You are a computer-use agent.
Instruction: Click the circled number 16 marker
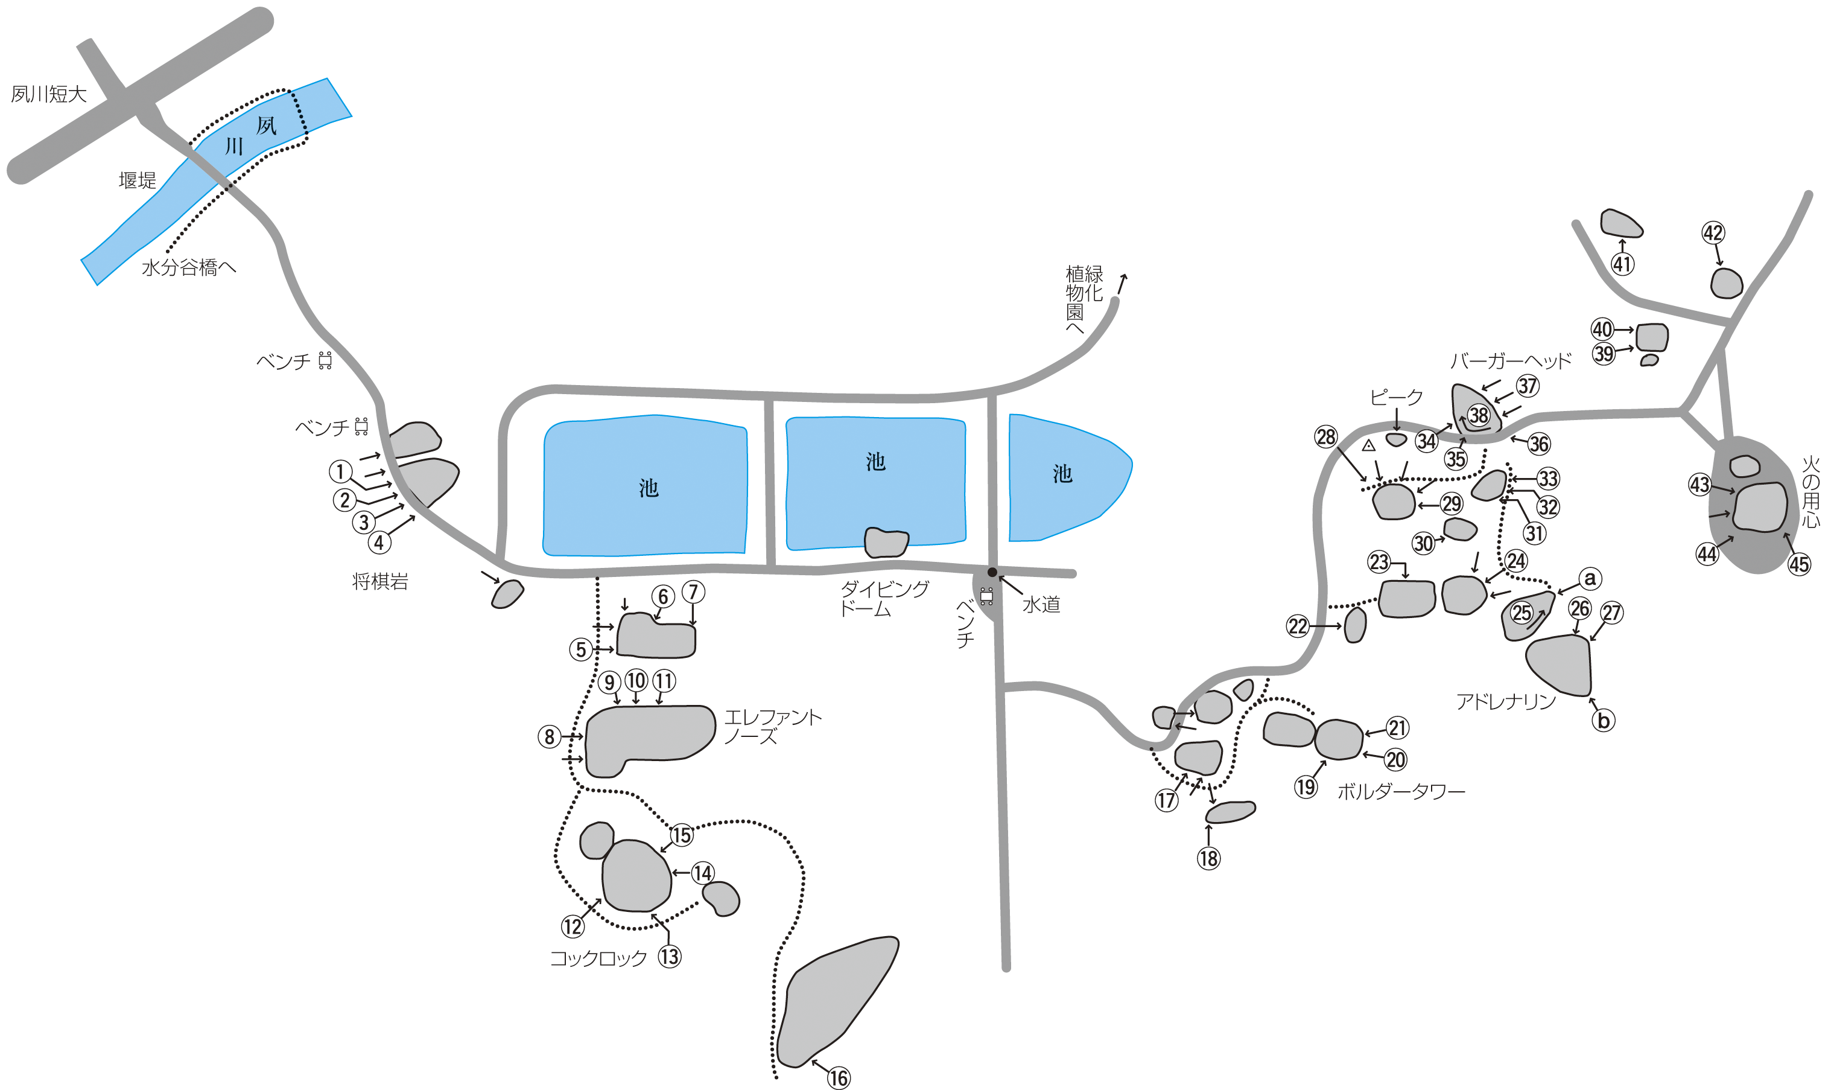(x=839, y=1077)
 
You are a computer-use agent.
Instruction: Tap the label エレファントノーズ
(x=772, y=727)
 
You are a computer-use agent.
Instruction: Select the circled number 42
(x=1713, y=233)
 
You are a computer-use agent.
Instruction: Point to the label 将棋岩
(x=380, y=582)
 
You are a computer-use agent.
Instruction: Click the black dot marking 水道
(x=992, y=572)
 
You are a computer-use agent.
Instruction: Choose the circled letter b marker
(x=1604, y=721)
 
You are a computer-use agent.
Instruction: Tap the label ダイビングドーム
(x=884, y=599)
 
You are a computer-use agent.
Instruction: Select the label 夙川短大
(x=49, y=94)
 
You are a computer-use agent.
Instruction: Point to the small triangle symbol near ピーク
(x=1368, y=445)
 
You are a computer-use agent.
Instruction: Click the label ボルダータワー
(x=1401, y=792)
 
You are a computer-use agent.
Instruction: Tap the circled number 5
(x=581, y=649)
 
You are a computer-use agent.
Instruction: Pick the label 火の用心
(x=1811, y=491)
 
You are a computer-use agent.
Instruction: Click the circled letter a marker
(x=1590, y=578)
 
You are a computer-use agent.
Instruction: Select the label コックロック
(x=598, y=958)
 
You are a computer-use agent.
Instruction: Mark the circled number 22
(x=1298, y=626)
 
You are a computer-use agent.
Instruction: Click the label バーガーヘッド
(x=1511, y=361)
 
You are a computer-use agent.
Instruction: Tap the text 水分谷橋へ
(x=189, y=267)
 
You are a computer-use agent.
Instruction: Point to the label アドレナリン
(x=1506, y=702)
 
